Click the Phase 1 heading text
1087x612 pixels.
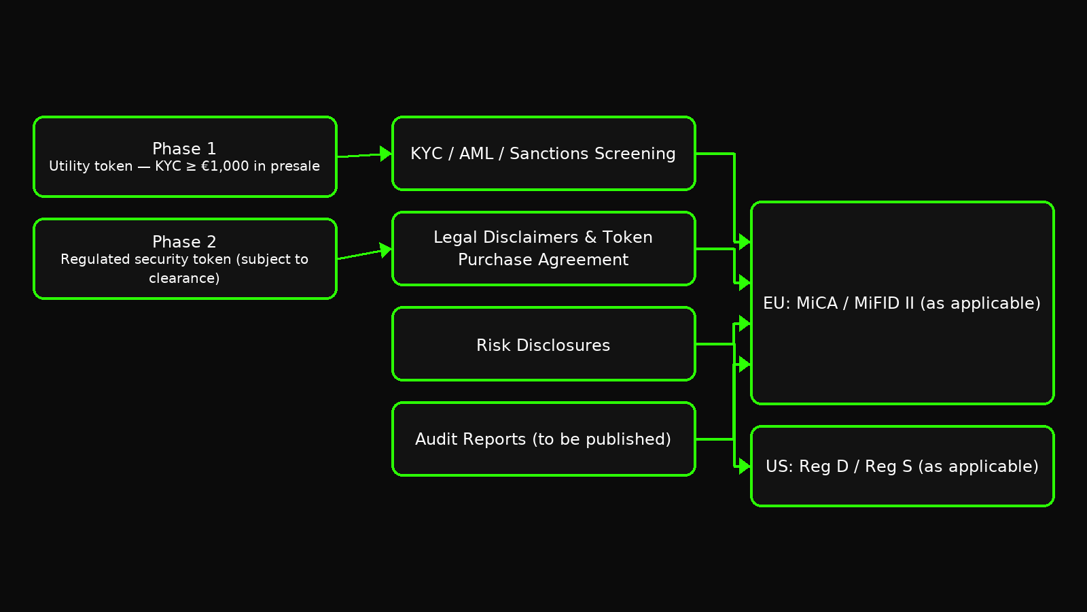[184, 148]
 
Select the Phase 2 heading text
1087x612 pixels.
[184, 241]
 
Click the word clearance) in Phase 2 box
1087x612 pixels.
[184, 278]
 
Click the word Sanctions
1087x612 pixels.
[592, 154]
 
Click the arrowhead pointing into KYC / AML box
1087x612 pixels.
[386, 154]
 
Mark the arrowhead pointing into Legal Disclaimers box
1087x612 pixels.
[386, 250]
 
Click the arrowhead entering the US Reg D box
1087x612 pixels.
[745, 466]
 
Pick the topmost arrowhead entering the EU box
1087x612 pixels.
[745, 242]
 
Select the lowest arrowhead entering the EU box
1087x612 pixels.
[745, 364]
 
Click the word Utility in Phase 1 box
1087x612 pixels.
[70, 166]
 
